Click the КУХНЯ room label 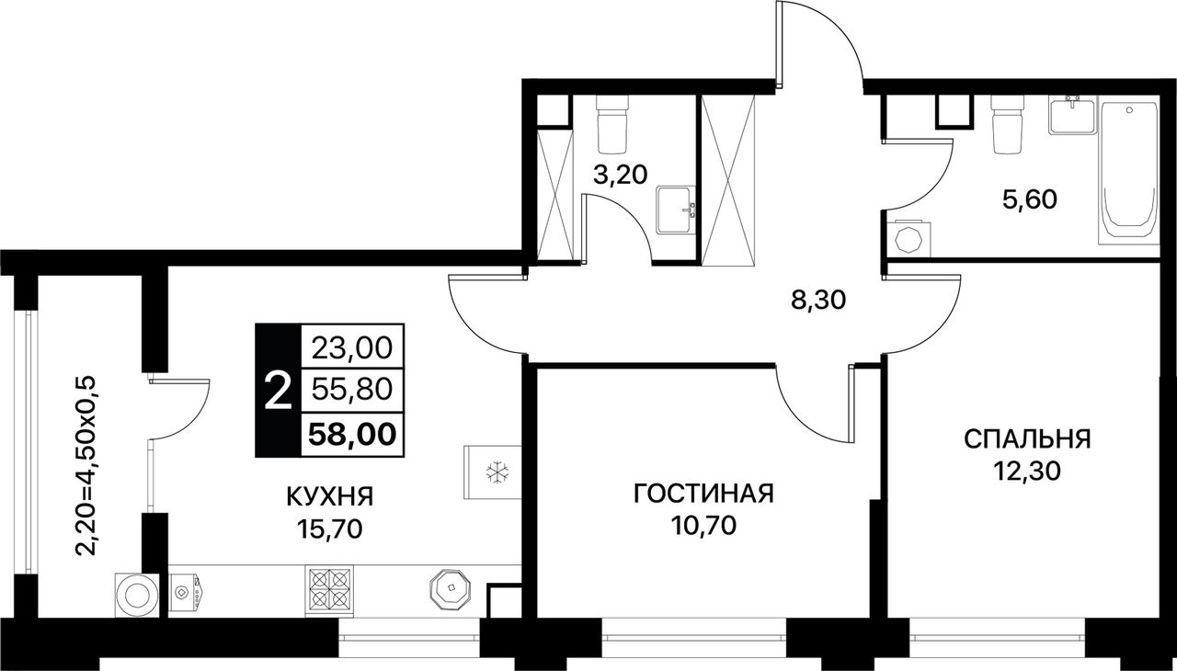tap(329, 496)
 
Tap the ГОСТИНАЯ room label tap(703, 494)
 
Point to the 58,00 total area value tap(352, 435)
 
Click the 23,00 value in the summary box tap(352, 347)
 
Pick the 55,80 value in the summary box tap(352, 390)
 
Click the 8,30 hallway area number tap(818, 301)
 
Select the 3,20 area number tap(620, 176)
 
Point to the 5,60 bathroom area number tap(1030, 200)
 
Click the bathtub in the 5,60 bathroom tap(1129, 172)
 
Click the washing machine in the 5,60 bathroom tap(908, 240)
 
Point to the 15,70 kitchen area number tap(329, 529)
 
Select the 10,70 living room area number tap(703, 526)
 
